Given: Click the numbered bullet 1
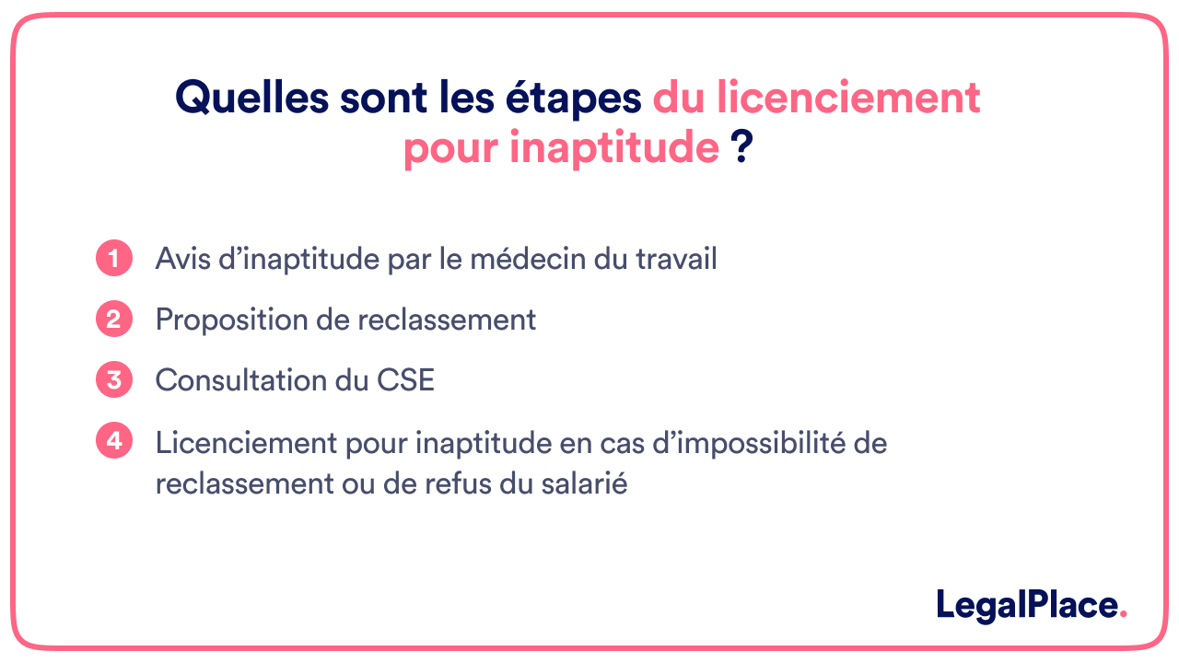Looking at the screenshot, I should click(113, 259).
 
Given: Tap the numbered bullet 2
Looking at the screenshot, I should click(113, 320).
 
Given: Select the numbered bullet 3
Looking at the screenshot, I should click(113, 380).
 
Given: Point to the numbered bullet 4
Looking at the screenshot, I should click(113, 441).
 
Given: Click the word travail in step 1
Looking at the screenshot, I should click(676, 259).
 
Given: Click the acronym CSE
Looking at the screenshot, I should click(404, 380).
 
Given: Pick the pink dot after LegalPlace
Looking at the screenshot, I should click(1123, 615).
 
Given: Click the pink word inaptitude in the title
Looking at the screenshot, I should click(613, 148).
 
